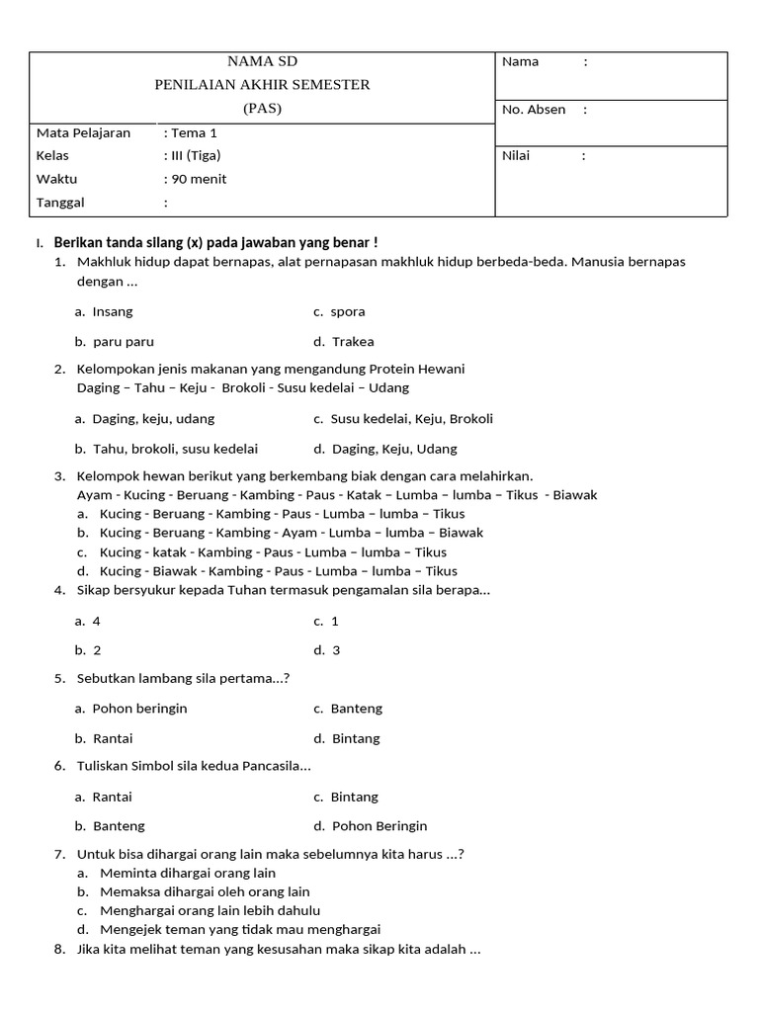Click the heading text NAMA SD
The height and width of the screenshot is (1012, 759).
[262, 61]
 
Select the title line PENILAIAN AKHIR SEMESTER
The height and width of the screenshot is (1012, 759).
[262, 85]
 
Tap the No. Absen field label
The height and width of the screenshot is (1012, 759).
[534, 110]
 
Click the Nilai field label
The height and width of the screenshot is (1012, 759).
[516, 156]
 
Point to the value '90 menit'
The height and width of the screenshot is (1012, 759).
[199, 179]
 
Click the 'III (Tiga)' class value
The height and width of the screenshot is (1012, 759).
[196, 156]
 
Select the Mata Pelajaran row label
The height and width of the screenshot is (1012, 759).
[83, 132]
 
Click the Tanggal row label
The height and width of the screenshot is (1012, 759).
[60, 203]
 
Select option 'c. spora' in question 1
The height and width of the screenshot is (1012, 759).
[339, 312]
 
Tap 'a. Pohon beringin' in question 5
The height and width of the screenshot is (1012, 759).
[130, 709]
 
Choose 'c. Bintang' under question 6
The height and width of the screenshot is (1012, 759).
[346, 797]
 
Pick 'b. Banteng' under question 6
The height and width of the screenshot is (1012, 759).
[110, 826]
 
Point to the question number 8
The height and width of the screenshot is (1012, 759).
[58, 949]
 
